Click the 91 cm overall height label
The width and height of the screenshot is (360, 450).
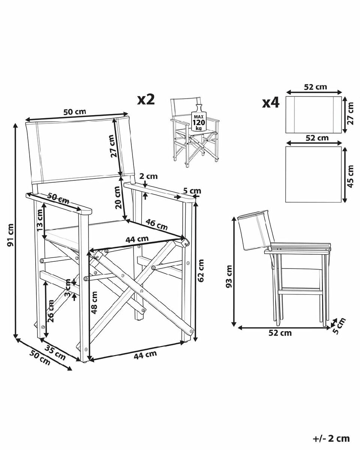10,235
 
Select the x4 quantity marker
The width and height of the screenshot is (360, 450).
271,103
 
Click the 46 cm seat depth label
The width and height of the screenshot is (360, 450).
157,224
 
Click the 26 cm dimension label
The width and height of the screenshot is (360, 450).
50,311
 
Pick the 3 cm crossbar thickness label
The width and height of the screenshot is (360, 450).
67,288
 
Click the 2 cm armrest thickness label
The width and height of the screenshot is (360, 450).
148,176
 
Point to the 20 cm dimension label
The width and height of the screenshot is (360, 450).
118,197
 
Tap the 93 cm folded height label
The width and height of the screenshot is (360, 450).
229,276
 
